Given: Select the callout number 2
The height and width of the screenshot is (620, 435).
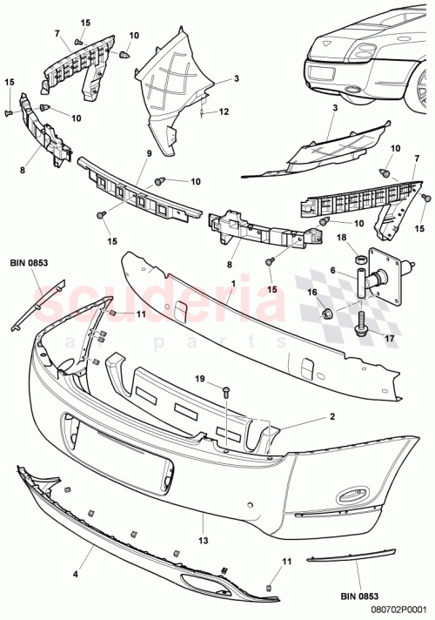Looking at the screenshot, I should tap(332, 417).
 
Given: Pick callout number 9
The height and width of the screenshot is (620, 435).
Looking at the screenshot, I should tap(149, 154).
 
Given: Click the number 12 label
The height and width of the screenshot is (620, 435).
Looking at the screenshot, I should tap(224, 112).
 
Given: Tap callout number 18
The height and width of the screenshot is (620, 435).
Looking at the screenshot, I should tap(341, 237).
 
